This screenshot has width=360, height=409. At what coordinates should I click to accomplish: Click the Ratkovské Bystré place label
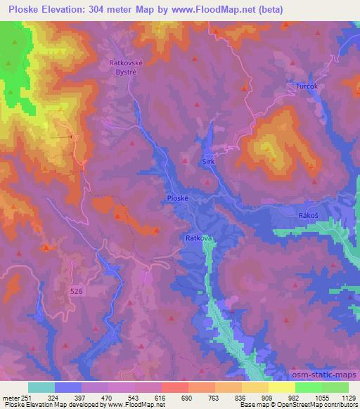point(126,66)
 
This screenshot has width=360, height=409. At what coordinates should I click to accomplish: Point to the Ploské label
point(177,199)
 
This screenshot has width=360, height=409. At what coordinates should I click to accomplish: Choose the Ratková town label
point(199,238)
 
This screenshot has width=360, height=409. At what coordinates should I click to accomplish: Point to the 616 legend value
point(161,397)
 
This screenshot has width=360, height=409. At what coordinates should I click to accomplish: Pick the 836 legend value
point(240,397)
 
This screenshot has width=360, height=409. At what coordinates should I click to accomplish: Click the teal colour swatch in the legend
point(41,387)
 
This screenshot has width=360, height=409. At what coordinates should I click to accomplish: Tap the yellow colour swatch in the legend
point(281,387)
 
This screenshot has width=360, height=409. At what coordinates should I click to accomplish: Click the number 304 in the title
point(117,9)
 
